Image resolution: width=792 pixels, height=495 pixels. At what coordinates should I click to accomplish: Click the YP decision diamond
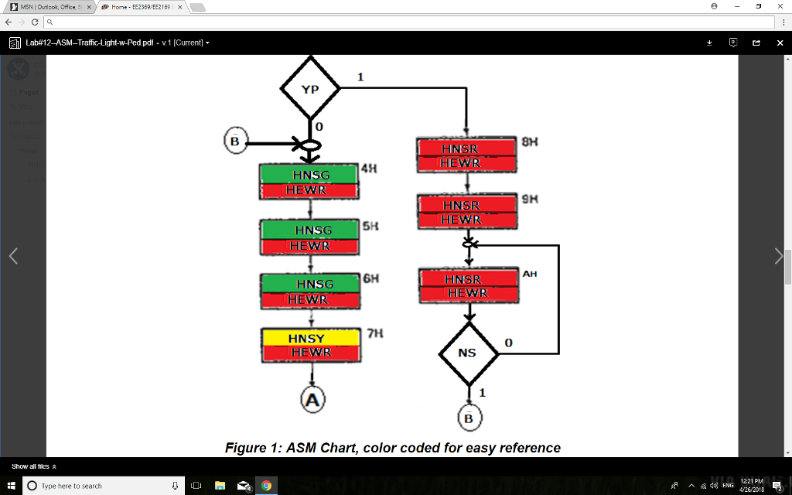[310, 89]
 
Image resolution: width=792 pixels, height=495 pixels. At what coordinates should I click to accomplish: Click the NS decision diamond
[468, 353]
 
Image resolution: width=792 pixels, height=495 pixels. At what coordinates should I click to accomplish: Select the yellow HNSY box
[310, 338]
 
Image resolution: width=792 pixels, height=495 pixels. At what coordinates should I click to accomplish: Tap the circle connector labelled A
[312, 399]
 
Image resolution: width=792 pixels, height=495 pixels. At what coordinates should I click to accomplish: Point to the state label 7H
[375, 333]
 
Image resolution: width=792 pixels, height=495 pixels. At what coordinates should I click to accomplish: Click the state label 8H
[529, 142]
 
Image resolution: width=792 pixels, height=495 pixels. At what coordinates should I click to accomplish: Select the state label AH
[529, 274]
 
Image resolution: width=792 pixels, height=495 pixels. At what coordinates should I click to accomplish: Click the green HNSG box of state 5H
[310, 230]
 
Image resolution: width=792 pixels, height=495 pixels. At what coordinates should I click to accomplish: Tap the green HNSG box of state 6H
[310, 284]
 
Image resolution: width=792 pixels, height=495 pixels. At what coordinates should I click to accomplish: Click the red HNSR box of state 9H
[466, 205]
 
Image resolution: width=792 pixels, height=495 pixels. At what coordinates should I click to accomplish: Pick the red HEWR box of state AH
[467, 293]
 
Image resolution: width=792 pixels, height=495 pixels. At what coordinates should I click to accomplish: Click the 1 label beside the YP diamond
[360, 77]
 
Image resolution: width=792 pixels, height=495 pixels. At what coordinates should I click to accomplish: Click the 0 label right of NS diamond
[508, 342]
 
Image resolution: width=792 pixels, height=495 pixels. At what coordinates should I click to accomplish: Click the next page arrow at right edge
[778, 257]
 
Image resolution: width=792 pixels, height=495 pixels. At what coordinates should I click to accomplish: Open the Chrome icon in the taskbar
[266, 486]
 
